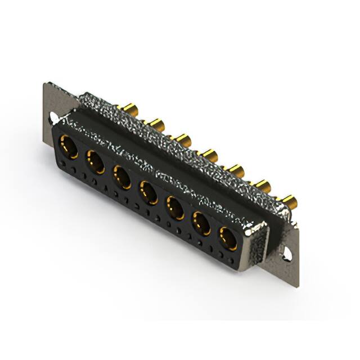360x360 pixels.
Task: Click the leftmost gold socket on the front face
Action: click(68, 147)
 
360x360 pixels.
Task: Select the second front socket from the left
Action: click(94, 162)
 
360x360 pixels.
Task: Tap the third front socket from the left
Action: click(122, 177)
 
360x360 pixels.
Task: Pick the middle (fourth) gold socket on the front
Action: click(148, 192)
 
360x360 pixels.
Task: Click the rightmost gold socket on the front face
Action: click(228, 238)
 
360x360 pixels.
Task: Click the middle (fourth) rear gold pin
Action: click(210, 154)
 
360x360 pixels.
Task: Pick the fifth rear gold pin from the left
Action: click(236, 169)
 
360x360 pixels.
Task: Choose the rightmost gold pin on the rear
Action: click(289, 200)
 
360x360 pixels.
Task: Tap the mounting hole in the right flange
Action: click(287, 254)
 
